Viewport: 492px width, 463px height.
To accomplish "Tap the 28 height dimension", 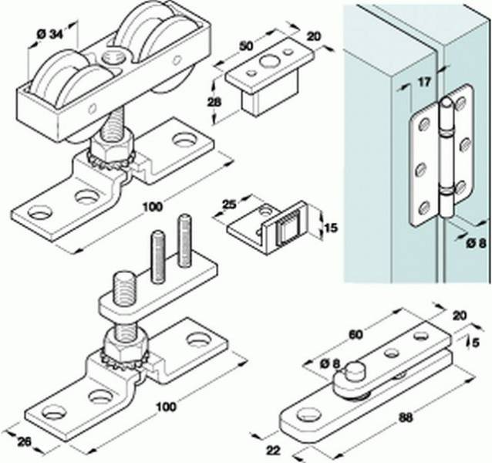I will tap(215, 103).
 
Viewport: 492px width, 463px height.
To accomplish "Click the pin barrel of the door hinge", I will tap(445, 154).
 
